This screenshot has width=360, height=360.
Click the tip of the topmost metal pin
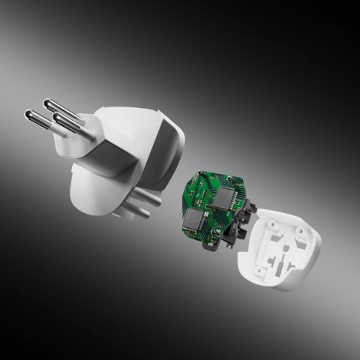point(47,103)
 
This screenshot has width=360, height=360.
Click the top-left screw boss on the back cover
point(271,222)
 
